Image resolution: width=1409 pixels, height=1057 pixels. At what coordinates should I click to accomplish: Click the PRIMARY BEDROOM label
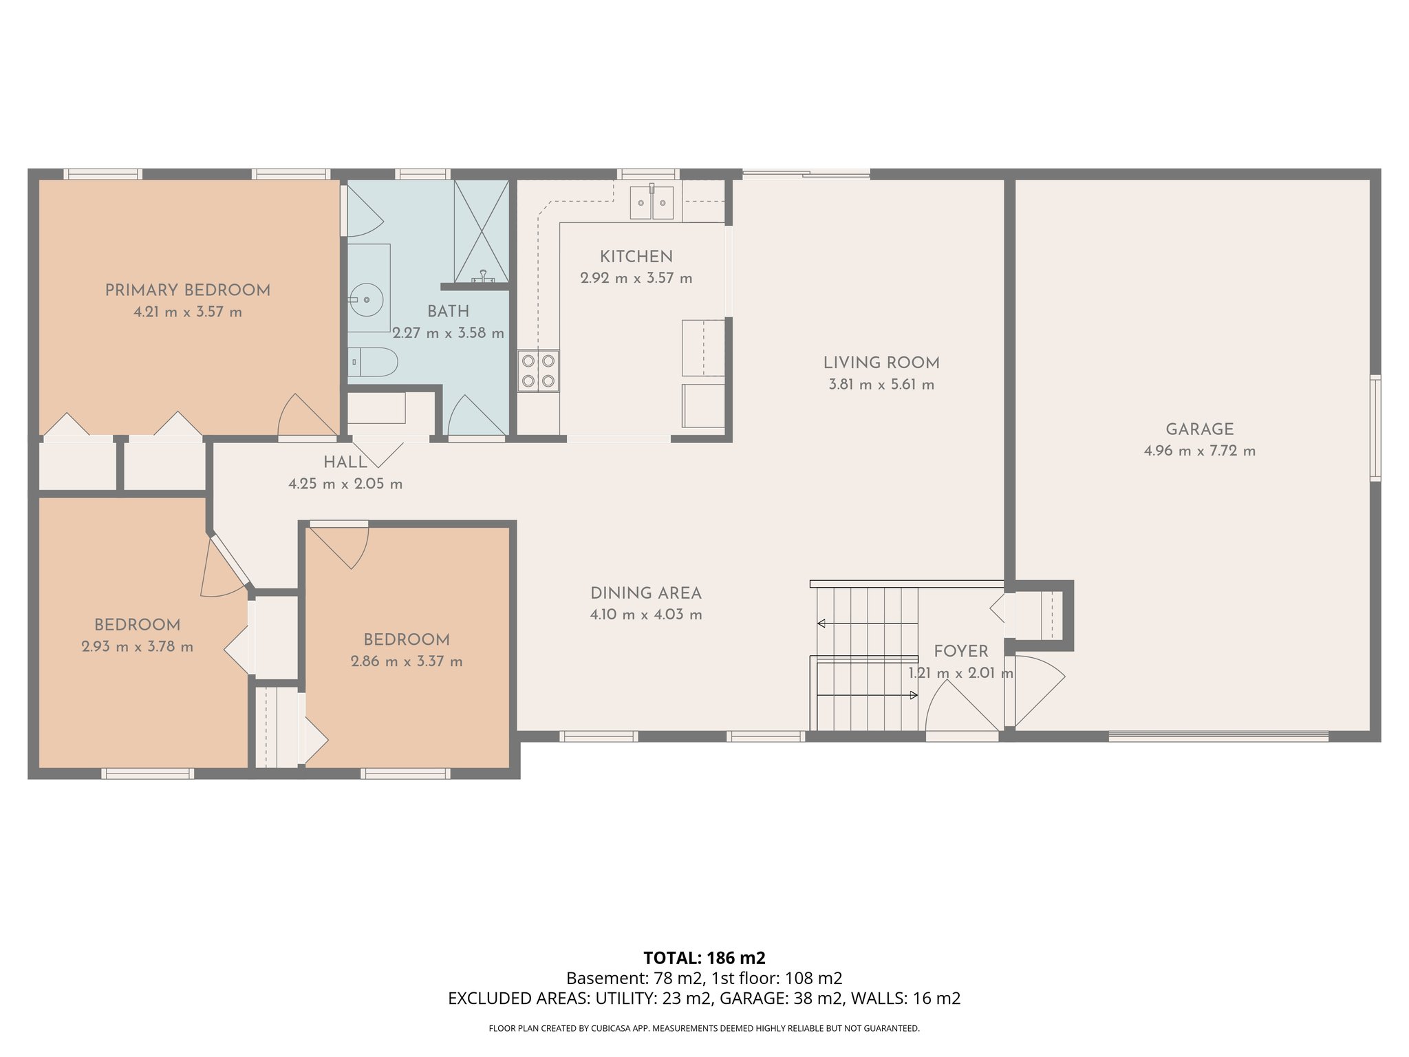pos(187,290)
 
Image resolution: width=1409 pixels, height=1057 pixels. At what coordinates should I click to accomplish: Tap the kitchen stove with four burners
pos(538,370)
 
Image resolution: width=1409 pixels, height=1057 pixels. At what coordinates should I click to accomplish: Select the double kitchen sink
pos(652,202)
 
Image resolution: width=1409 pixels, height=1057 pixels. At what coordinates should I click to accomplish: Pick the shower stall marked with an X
pos(481,231)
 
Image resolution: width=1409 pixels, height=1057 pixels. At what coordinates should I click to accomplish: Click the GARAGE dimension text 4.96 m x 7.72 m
pos(1199,451)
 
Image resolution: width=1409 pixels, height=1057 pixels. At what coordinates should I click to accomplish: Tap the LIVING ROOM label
pos(881,363)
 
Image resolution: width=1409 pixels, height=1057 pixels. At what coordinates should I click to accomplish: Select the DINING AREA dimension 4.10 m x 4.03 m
pos(645,615)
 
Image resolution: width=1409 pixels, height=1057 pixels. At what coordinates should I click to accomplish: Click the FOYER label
pos(960,651)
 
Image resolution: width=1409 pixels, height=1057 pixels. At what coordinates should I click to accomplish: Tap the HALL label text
pos(345,462)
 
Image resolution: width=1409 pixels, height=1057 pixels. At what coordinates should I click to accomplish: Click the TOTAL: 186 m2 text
pos(704,958)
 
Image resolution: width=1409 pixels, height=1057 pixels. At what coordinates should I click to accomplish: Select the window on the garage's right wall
pos(1375,427)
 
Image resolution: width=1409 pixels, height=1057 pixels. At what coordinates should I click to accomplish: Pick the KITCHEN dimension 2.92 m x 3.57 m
pos(636,279)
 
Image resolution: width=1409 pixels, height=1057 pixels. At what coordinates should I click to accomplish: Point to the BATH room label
pos(448,311)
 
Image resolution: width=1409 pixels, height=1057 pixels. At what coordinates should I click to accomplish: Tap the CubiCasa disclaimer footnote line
pos(704,1029)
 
